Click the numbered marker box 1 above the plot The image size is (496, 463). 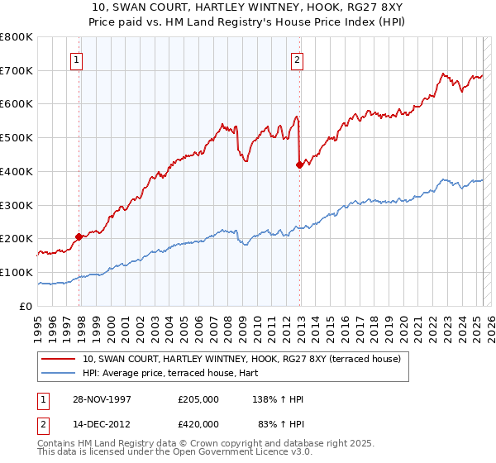coord(76,59)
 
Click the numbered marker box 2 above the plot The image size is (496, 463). coord(296,59)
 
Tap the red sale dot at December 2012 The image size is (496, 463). coord(300,165)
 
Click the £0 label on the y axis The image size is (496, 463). coord(26,306)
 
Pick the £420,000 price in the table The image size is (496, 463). coord(198,424)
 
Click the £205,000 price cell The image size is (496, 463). coord(198,399)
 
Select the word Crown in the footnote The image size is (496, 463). coord(202,444)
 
